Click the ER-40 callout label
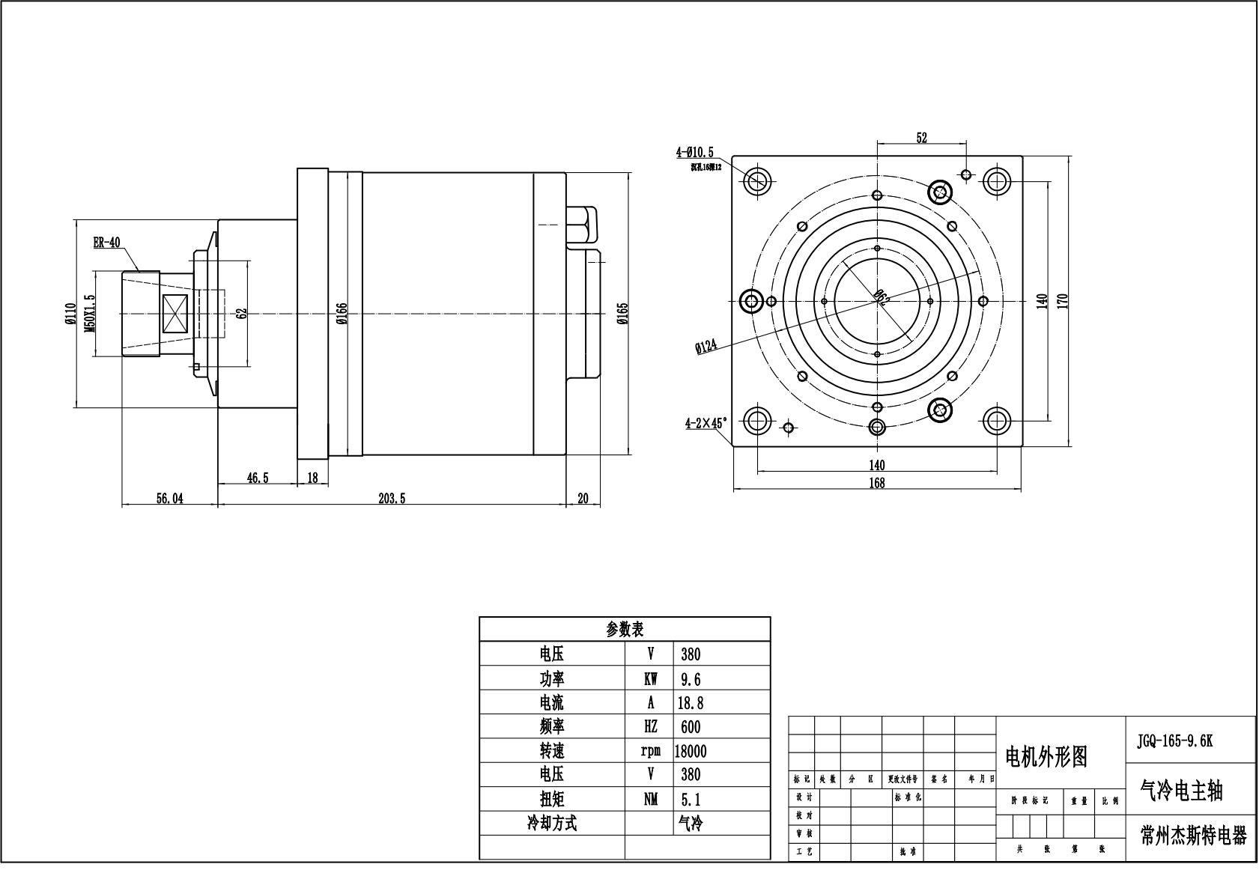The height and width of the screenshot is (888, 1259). [x=106, y=243]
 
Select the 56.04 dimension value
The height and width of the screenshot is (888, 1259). [x=169, y=499]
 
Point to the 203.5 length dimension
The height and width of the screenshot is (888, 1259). [x=392, y=499]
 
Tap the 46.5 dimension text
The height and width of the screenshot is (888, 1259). [x=256, y=478]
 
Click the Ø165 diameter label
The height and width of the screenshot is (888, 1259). [x=622, y=314]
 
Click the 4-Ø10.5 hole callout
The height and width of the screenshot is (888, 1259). [x=695, y=152]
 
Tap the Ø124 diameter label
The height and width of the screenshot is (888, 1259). [x=706, y=347]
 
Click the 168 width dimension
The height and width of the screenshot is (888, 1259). [x=876, y=483]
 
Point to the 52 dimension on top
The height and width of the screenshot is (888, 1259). [x=921, y=138]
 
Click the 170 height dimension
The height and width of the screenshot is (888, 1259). [x=1062, y=301]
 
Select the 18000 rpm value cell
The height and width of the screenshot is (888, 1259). [x=690, y=751]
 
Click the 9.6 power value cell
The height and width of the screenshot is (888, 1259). [x=691, y=679]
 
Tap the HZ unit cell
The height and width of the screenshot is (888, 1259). [x=649, y=727]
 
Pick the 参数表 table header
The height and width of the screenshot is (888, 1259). [x=624, y=629]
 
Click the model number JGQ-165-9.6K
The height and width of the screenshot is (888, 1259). [x=1174, y=741]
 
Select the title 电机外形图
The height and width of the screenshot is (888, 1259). [x=1045, y=757]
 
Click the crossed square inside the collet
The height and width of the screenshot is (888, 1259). [x=178, y=313]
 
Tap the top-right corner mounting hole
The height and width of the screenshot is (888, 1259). [x=997, y=180]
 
